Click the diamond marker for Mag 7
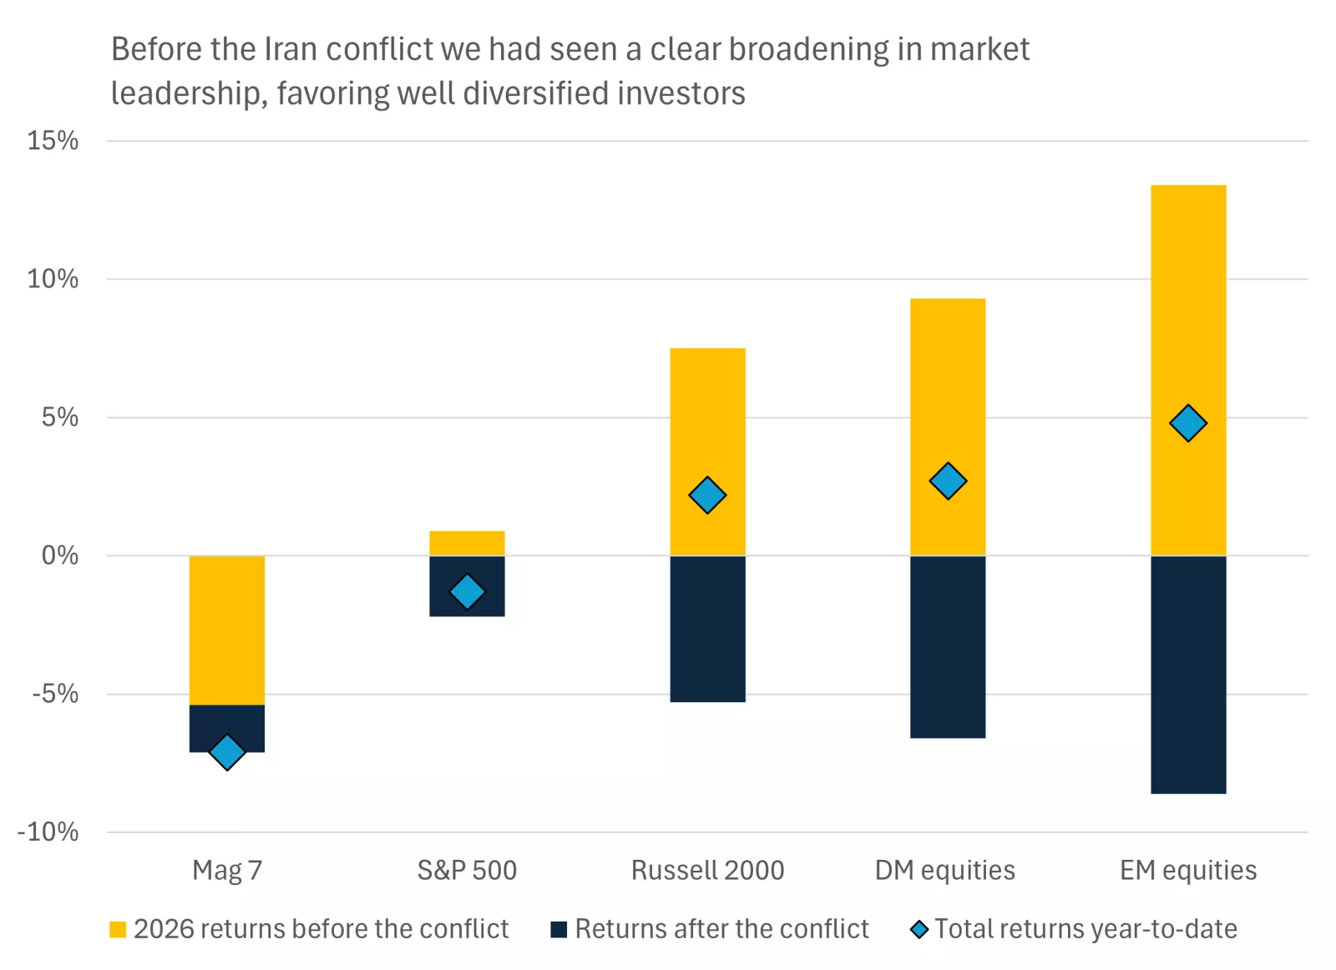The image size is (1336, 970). click(226, 752)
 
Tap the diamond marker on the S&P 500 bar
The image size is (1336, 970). click(467, 592)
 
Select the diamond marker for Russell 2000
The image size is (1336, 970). click(707, 495)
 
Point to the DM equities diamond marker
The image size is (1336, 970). click(948, 481)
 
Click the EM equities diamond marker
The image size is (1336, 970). click(1188, 423)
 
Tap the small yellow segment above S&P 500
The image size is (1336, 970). click(467, 543)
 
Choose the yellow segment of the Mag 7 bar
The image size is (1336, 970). click(226, 630)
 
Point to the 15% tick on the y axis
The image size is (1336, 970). click(53, 140)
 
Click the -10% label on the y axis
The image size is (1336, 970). click(48, 831)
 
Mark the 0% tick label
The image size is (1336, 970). click(59, 555)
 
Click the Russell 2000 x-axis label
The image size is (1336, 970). click(707, 870)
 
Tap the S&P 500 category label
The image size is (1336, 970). click(467, 870)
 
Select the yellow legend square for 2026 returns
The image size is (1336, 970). click(118, 929)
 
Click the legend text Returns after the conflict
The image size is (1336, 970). click(721, 929)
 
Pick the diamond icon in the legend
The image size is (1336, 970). click(919, 929)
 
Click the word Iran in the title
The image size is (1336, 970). click(291, 49)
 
